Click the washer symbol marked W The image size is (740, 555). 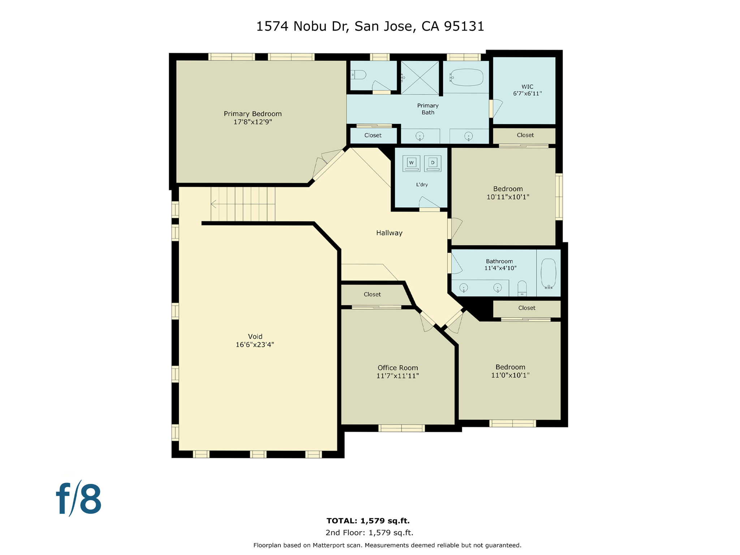tap(411, 163)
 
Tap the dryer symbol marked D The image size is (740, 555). tap(433, 163)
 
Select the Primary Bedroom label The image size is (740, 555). tap(253, 114)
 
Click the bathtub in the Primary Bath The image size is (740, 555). tap(466, 77)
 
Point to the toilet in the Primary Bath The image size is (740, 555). tap(359, 75)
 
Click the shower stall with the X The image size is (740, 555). tap(420, 78)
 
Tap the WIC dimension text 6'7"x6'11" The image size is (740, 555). tap(527, 94)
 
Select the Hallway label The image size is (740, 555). tap(389, 233)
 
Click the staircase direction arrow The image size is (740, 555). tap(214, 204)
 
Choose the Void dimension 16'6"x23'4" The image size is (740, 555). tap(255, 345)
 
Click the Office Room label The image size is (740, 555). tap(397, 368)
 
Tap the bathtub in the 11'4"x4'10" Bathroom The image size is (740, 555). tap(548, 273)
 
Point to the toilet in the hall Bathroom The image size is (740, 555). tap(522, 288)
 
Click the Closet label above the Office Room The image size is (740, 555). tap(372, 294)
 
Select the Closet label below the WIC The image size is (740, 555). tap(525, 135)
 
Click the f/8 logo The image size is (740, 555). tap(79, 499)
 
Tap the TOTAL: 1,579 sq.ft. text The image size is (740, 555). tap(368, 521)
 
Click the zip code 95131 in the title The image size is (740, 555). tap(464, 26)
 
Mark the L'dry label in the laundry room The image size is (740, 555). tap(422, 185)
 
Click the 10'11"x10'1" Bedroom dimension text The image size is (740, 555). tap(508, 197)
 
